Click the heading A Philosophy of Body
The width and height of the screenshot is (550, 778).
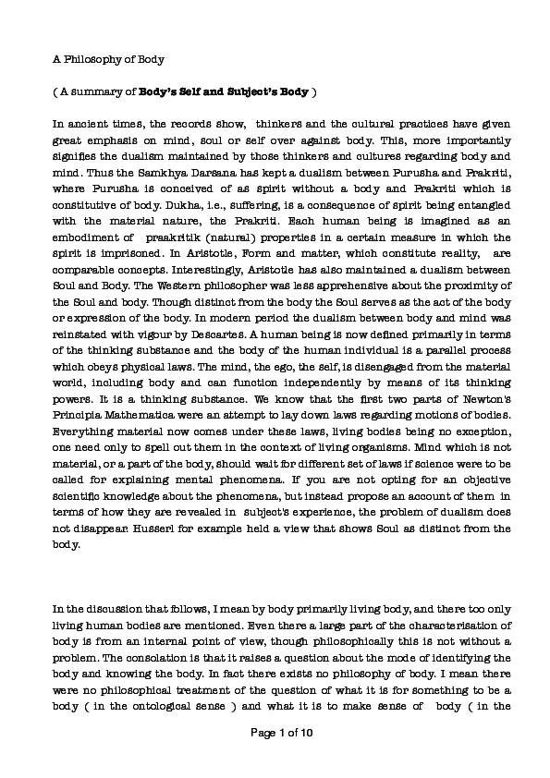(108, 60)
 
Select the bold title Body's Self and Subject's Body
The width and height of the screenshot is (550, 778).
(223, 92)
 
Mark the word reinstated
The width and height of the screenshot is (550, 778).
(81, 321)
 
